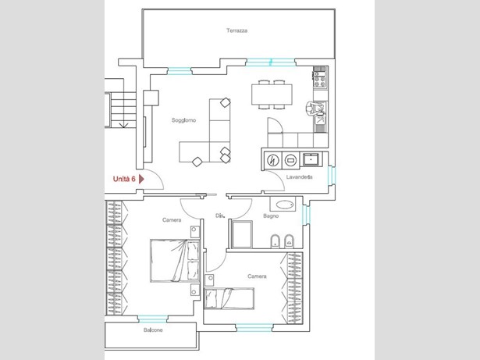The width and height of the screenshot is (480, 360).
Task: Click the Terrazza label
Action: tap(237, 30)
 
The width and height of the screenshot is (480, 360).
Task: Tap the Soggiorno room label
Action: tap(183, 120)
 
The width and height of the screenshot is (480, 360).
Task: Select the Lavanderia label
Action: tap(299, 177)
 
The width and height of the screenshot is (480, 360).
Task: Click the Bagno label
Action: tap(271, 216)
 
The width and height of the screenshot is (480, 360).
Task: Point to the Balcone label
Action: tap(153, 330)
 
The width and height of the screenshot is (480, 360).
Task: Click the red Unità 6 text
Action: tap(124, 179)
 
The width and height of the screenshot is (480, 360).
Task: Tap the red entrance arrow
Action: tap(141, 179)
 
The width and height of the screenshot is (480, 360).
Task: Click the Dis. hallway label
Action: tap(220, 216)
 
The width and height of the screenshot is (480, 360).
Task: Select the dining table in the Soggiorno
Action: tap(272, 94)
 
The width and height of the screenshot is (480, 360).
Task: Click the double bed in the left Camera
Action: tap(175, 261)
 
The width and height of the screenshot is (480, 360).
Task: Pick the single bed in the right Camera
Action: tap(229, 298)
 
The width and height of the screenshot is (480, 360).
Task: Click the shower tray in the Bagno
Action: tap(242, 234)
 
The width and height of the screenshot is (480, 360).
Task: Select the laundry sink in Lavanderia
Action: tap(311, 159)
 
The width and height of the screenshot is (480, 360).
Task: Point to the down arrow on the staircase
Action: tap(123, 124)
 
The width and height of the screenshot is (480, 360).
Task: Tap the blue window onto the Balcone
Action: tap(152, 319)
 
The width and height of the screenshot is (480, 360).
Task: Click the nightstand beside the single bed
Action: tap(209, 280)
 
